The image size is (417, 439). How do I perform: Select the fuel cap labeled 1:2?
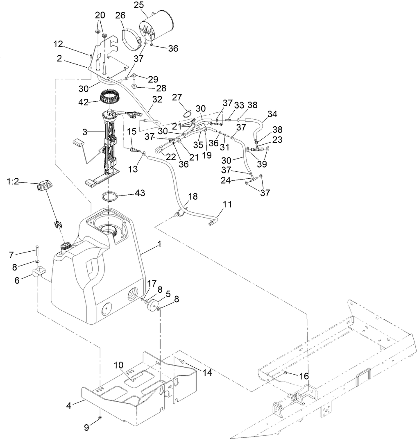[44, 187]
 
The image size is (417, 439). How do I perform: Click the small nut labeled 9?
[100, 418]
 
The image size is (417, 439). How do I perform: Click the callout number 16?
[304, 376]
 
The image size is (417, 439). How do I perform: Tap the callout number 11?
[228, 204]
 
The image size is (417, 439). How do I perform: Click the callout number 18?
[192, 196]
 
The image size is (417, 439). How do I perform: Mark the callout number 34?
[272, 114]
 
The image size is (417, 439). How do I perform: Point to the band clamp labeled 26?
[130, 39]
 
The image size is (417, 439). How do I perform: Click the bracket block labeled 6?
[40, 271]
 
